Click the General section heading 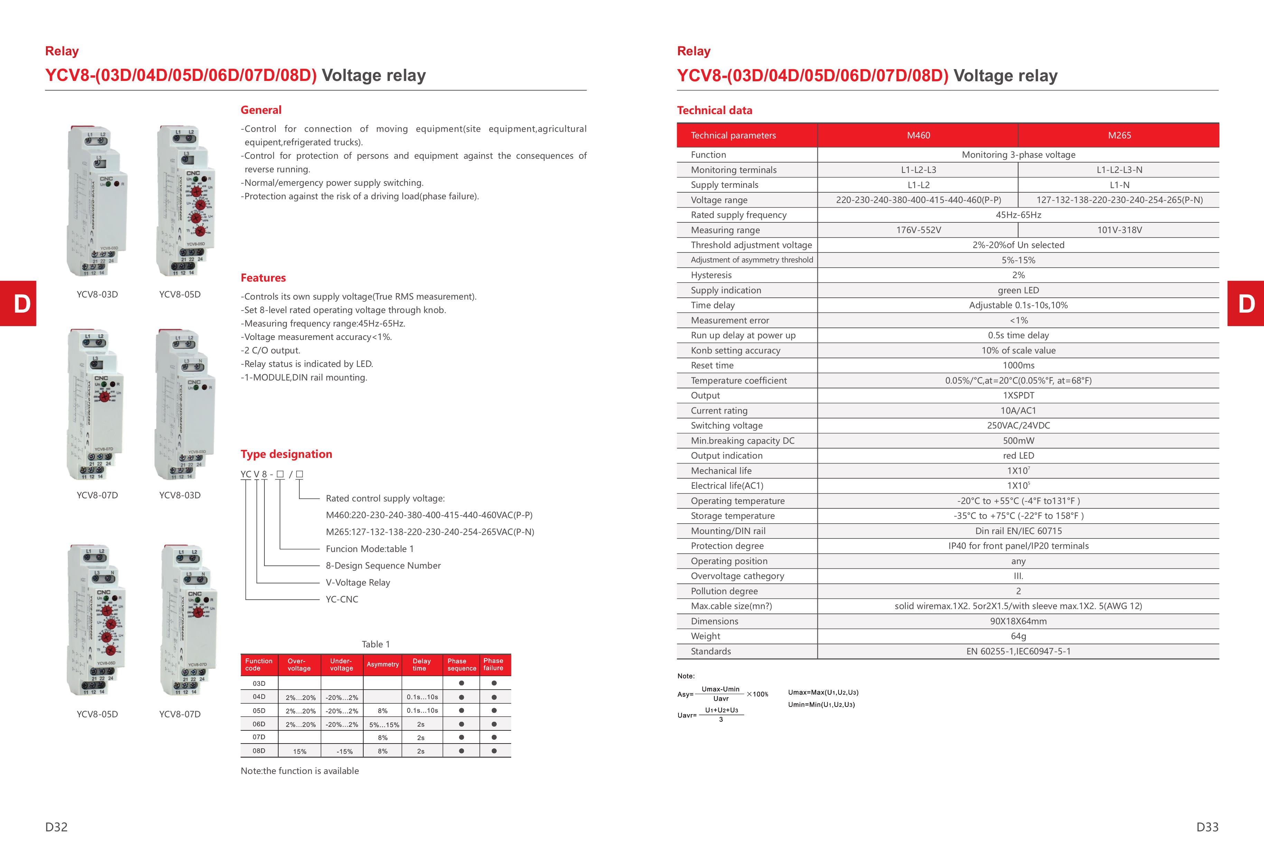[x=261, y=110]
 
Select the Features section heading [x=263, y=278]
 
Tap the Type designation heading [x=286, y=454]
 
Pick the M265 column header [x=1119, y=136]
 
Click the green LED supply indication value [x=1018, y=290]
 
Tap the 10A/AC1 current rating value [x=1018, y=411]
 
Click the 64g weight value [x=1018, y=636]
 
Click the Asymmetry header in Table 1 [x=382, y=664]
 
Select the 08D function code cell [x=259, y=751]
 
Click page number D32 [x=57, y=827]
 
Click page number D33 [x=1207, y=827]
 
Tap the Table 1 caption [x=376, y=644]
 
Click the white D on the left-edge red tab [x=22, y=304]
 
